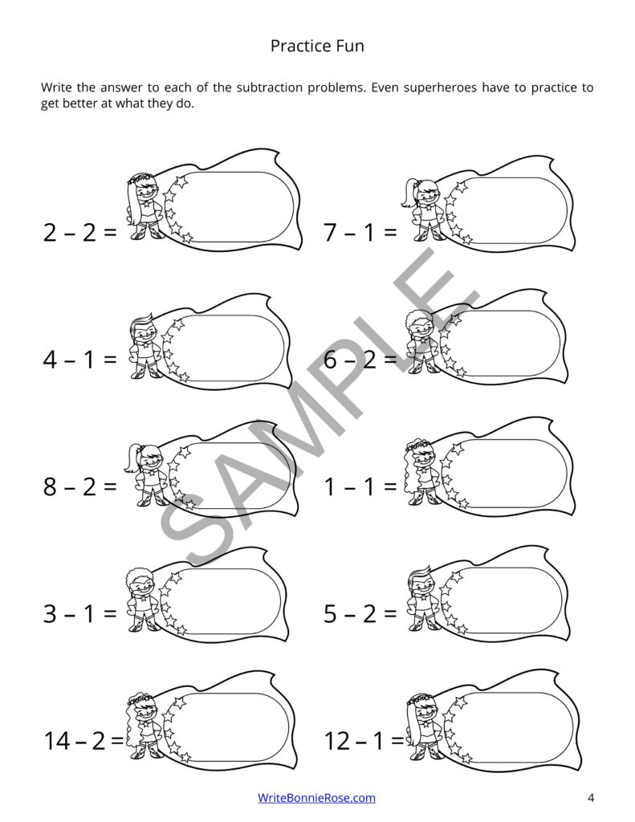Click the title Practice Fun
point(317,46)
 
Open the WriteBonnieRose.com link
point(316,797)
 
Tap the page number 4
point(591,798)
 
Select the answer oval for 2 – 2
point(230,206)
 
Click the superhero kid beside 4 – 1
point(143,347)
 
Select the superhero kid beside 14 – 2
point(143,726)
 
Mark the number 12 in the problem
point(338,741)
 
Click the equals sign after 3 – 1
point(110,613)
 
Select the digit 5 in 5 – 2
point(330,613)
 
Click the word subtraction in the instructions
point(269,87)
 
